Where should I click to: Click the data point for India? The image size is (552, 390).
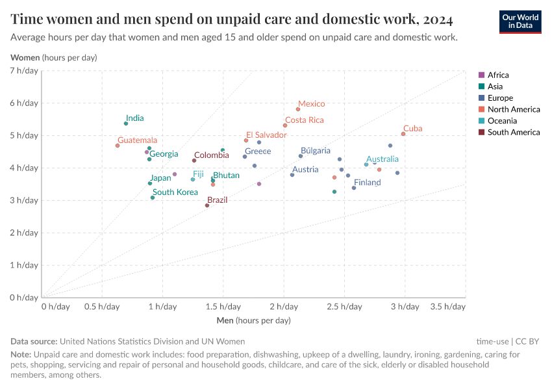point(126,123)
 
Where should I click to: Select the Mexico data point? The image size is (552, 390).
point(298,109)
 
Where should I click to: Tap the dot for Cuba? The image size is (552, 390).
point(403,134)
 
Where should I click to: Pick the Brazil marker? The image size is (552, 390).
point(207,205)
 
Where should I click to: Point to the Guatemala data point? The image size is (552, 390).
point(118,146)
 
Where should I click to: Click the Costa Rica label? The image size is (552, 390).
point(305,120)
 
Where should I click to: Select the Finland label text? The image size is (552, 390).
point(367,183)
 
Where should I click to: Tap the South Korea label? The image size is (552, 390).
point(175,192)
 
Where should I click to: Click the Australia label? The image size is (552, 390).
point(383,159)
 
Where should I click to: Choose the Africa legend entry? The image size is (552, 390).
point(498,75)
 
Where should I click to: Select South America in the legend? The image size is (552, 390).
point(514,133)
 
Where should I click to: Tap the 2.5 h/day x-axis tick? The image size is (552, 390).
point(344,306)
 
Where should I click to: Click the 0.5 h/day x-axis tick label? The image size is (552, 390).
point(103,306)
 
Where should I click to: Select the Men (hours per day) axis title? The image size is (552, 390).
point(253,320)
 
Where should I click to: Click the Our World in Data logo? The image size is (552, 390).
point(520,21)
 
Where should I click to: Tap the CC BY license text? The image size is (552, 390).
point(529,341)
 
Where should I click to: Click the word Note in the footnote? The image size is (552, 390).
point(21,355)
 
